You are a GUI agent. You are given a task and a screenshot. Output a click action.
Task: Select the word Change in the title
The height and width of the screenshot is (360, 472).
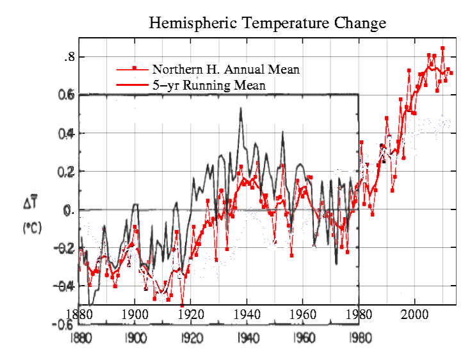tap(355, 24)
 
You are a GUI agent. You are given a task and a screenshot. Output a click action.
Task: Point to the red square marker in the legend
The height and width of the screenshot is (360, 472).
tap(133, 68)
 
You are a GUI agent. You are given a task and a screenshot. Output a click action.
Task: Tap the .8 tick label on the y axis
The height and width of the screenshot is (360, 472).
tap(69, 57)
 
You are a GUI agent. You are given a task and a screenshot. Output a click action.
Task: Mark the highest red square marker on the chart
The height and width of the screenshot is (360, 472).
tap(442, 48)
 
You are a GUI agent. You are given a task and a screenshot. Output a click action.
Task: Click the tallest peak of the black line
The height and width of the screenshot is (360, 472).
tap(240, 108)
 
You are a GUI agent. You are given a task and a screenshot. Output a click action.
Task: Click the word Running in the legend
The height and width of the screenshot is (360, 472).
tap(207, 85)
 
